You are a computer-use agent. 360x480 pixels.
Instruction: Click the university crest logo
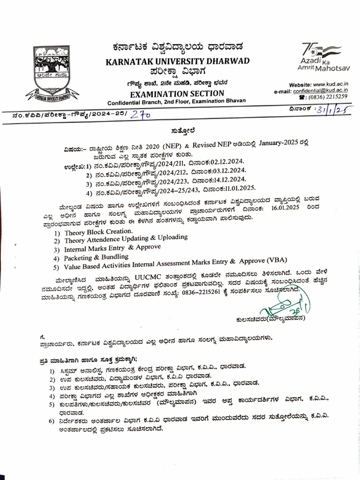pos(52,73)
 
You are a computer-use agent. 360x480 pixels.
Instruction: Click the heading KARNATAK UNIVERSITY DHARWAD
pos(178,61)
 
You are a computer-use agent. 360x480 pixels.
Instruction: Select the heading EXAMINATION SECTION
pos(178,93)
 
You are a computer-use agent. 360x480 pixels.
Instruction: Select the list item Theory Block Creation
pos(98,232)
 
